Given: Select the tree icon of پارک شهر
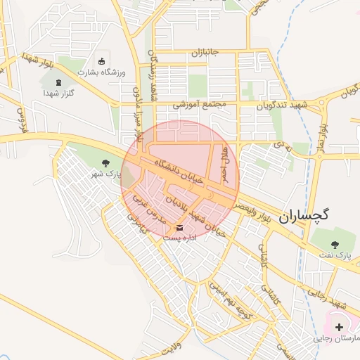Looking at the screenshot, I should click(105, 163).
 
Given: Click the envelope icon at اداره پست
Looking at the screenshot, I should click(180, 227).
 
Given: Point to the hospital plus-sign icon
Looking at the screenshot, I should click(340, 327).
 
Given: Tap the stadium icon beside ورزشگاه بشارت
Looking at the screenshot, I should click(103, 60).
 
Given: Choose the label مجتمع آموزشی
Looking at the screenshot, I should click(202, 105).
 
